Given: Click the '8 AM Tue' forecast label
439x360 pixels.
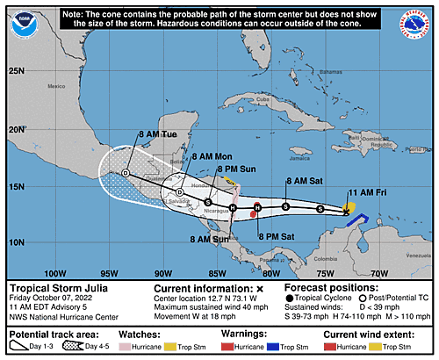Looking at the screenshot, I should pyautogui.click(x=159, y=134).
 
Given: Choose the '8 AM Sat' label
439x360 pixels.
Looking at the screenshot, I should pyautogui.click(x=304, y=180).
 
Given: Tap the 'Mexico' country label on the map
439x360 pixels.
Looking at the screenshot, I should pyautogui.click(x=58, y=86).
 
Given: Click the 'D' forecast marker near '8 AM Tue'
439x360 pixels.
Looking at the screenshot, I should pyautogui.click(x=126, y=173).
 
